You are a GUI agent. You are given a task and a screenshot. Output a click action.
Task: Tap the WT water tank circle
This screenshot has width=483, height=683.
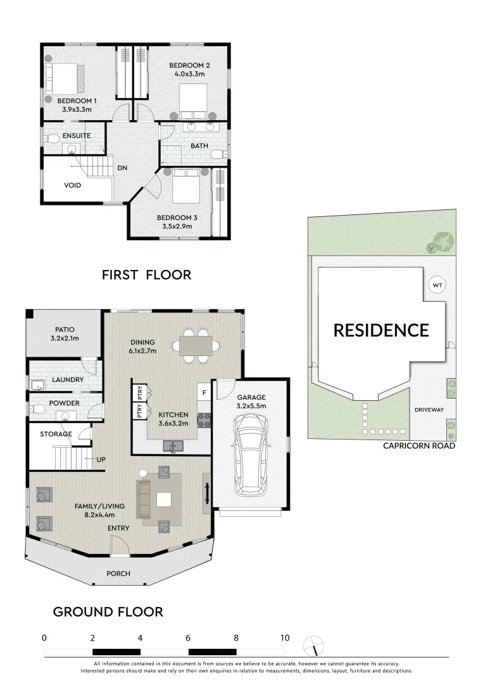[x=437, y=285]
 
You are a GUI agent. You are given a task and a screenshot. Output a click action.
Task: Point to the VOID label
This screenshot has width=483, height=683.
[x=74, y=186]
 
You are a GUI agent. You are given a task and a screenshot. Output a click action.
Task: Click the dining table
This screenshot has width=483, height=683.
[x=196, y=345]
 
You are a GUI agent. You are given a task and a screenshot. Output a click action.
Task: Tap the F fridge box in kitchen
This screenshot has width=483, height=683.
[x=203, y=392]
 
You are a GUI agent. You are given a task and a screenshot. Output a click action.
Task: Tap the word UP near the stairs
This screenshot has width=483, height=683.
[x=100, y=460]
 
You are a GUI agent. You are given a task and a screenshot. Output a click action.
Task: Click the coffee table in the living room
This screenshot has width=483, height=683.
[x=164, y=500]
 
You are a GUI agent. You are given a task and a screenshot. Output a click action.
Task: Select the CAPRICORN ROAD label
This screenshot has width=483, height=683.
[x=419, y=446]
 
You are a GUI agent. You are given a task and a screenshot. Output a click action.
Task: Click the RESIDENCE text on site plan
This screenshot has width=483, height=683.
[x=381, y=330]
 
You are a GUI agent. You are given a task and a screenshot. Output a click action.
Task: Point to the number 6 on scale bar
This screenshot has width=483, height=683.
[x=188, y=637]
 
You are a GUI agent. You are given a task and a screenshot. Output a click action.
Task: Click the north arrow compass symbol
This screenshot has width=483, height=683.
[x=311, y=646]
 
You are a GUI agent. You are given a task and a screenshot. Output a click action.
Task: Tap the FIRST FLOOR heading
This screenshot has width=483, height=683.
[x=146, y=274]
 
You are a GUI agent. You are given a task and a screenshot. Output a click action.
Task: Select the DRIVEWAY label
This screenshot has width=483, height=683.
[x=429, y=410]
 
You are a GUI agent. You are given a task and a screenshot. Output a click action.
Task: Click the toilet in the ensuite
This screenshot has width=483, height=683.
[x=52, y=138]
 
